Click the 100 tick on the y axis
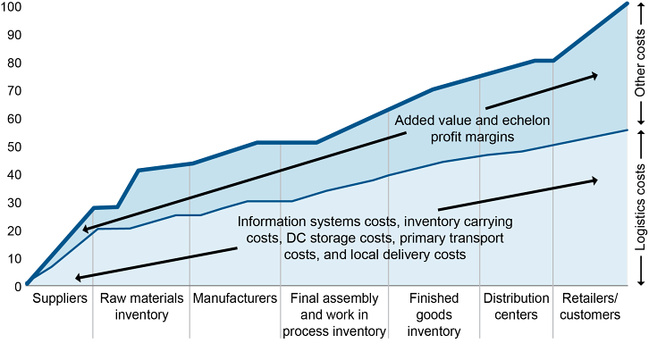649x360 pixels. tap(12, 7)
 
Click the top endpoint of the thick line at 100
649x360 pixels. tap(628, 4)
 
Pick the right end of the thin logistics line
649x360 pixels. tap(628, 130)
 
